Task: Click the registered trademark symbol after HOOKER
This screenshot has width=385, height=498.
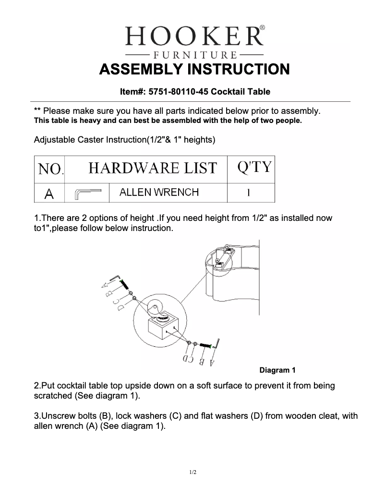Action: (x=262, y=29)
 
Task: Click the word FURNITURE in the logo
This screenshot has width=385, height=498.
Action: (x=194, y=54)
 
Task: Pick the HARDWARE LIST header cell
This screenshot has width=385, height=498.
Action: (x=153, y=169)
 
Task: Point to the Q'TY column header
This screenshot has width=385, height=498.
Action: (x=254, y=168)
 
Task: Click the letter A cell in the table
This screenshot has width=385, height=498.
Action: (x=49, y=194)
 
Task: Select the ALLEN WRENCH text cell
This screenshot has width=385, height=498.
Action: (x=159, y=193)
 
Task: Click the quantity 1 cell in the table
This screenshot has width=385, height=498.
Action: (x=248, y=193)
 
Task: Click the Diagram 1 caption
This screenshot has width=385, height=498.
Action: (x=277, y=370)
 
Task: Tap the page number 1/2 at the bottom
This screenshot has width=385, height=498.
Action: (x=192, y=473)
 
